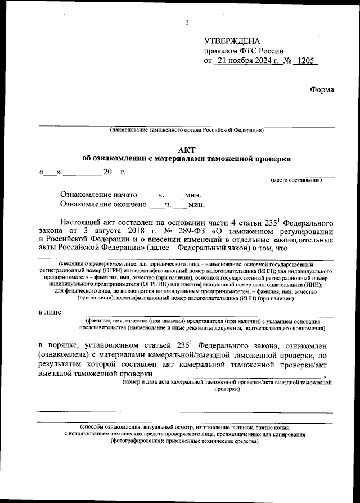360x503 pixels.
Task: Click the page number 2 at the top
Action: click(x=186, y=23)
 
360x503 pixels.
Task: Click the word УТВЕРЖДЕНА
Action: click(x=232, y=42)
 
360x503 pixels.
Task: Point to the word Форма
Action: click(x=322, y=89)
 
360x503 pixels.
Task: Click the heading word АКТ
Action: click(x=186, y=150)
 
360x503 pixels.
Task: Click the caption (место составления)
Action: click(x=296, y=180)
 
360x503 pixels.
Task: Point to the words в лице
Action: click(x=48, y=312)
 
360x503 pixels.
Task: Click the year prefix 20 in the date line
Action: click(x=107, y=172)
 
